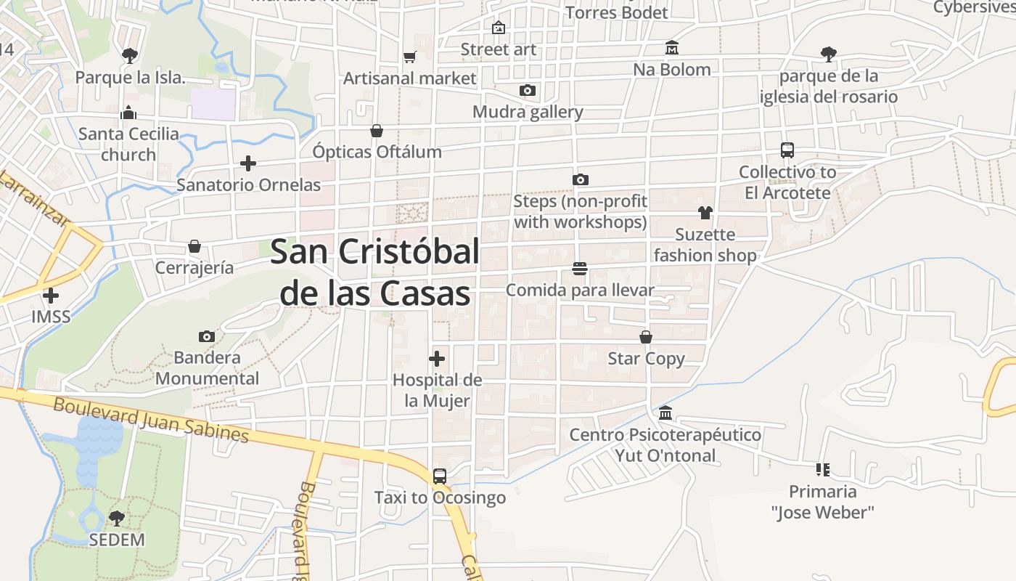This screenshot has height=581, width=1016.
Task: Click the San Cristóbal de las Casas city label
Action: (x=374, y=272)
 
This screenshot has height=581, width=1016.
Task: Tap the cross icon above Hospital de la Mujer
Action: (x=437, y=359)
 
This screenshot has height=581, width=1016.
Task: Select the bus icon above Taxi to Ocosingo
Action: (x=440, y=476)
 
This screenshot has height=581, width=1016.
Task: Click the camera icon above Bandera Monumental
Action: (x=207, y=336)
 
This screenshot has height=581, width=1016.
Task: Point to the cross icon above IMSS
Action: (x=51, y=296)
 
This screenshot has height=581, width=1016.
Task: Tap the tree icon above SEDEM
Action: (x=116, y=519)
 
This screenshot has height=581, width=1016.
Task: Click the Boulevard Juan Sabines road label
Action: (x=151, y=420)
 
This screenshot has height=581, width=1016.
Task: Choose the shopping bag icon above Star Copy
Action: (x=646, y=337)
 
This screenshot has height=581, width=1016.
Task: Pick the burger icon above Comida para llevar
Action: (x=579, y=269)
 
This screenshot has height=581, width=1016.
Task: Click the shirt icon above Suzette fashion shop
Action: (x=705, y=213)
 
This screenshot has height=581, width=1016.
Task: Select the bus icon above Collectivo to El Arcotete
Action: (x=787, y=150)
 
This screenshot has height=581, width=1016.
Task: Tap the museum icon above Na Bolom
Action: (x=672, y=48)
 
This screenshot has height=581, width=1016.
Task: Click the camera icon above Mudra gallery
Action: (x=528, y=91)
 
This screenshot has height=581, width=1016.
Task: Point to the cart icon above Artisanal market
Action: (x=410, y=57)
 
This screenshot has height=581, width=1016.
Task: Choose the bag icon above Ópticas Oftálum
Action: (x=377, y=131)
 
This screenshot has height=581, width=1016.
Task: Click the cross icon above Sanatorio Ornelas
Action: (x=248, y=163)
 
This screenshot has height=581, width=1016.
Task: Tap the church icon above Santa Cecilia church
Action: (x=128, y=113)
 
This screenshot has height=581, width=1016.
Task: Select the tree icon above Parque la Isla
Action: (x=130, y=55)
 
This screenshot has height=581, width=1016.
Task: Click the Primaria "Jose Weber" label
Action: (x=822, y=502)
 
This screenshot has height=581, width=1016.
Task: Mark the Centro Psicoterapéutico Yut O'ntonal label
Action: (x=665, y=445)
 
